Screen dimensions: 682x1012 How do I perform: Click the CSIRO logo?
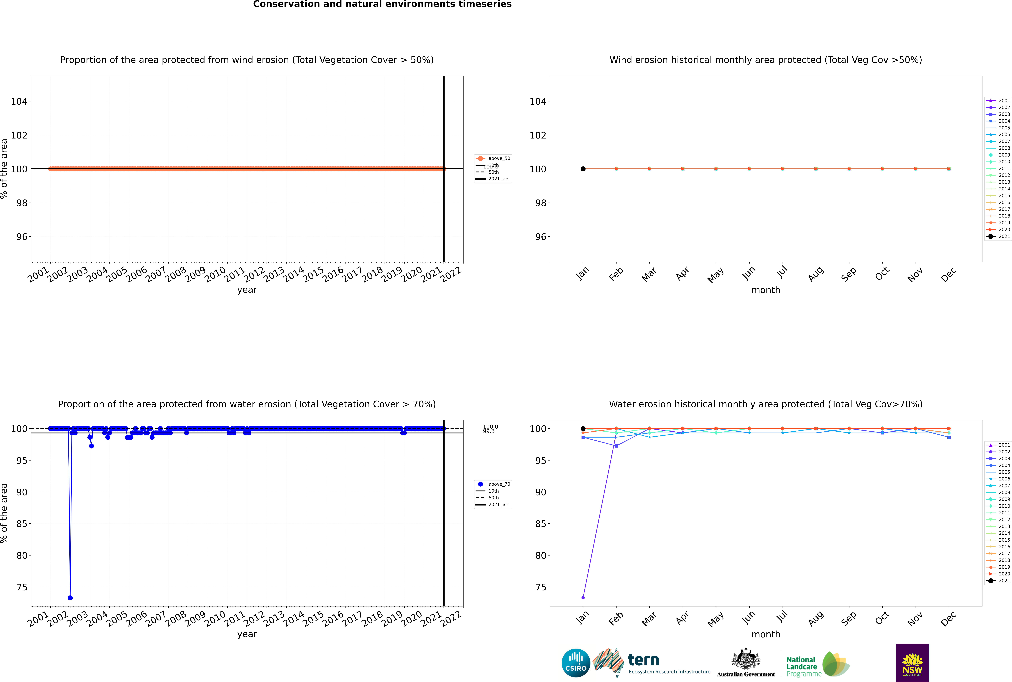coord(576,663)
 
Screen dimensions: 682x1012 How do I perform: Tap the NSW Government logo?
coord(912,662)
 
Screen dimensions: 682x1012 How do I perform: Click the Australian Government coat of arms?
coord(746,662)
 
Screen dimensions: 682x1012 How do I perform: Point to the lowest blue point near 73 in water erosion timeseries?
coord(70,598)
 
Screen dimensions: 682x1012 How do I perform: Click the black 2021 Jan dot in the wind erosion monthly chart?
coord(583,169)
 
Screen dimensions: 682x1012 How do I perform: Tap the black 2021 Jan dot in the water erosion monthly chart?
coord(583,428)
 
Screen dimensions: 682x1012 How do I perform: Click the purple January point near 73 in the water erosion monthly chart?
coord(583,598)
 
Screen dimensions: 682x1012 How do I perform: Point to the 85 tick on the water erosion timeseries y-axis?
coord(22,524)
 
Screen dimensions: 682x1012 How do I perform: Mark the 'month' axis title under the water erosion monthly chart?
coord(766,634)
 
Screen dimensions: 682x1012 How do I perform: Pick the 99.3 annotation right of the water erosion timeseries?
coord(489,431)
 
